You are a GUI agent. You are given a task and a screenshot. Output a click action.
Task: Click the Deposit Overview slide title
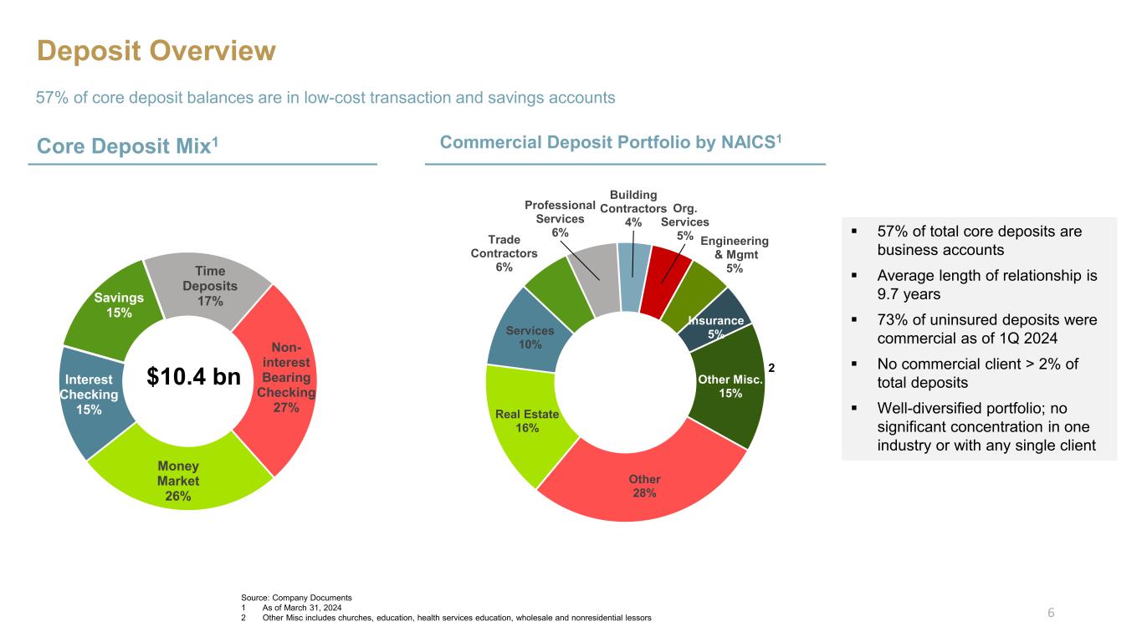point(156,52)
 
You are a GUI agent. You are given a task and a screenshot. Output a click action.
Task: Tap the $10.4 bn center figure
point(193,377)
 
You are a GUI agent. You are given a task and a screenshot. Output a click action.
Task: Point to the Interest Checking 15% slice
point(90,395)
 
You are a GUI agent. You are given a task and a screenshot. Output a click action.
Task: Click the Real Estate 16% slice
point(526,420)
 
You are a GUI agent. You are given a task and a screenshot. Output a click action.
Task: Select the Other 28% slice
point(644,486)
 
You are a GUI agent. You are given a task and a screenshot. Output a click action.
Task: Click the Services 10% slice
point(530,337)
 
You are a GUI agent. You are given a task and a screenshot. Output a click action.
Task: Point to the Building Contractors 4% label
point(633,208)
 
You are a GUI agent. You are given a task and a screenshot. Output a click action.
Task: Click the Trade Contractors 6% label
point(504,252)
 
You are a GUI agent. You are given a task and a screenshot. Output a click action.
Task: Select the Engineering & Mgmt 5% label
point(734,254)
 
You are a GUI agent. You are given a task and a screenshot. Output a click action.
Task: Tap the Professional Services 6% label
point(560,218)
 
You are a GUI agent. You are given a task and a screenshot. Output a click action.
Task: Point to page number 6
point(1052,613)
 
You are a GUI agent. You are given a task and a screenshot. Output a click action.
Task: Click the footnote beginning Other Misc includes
point(457,617)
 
